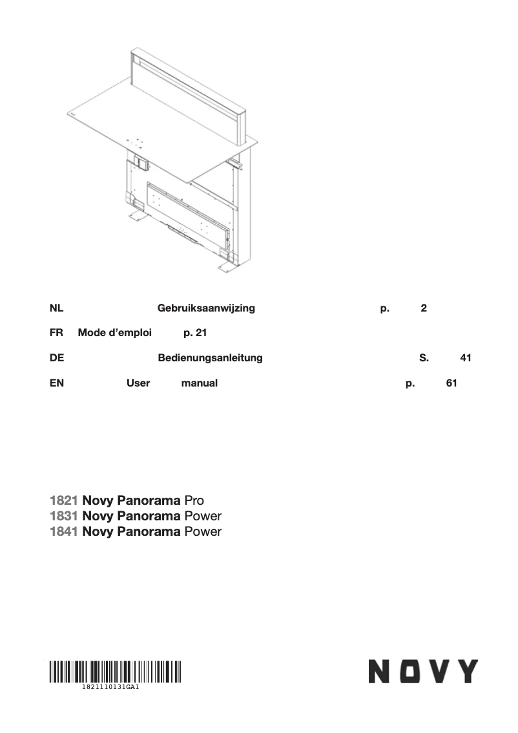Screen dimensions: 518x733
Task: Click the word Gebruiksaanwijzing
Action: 206,308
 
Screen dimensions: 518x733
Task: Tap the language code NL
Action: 56,308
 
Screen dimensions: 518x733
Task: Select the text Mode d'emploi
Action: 115,333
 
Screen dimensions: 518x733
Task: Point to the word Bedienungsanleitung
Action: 210,358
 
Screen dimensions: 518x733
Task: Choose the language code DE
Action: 56,358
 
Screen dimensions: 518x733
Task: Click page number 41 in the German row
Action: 465,358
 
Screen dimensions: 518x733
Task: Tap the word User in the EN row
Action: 138,383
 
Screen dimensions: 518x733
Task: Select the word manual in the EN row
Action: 199,383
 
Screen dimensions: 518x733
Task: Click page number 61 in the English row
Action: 451,383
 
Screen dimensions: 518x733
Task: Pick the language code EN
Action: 56,383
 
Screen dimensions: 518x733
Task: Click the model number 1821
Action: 64,501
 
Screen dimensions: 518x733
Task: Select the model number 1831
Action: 64,516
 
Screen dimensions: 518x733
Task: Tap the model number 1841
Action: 64,532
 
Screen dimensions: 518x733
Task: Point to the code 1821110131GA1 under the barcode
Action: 111,688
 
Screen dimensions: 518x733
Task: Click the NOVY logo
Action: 423,672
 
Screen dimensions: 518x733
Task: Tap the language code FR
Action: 56,333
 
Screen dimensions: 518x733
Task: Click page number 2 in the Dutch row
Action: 423,308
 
